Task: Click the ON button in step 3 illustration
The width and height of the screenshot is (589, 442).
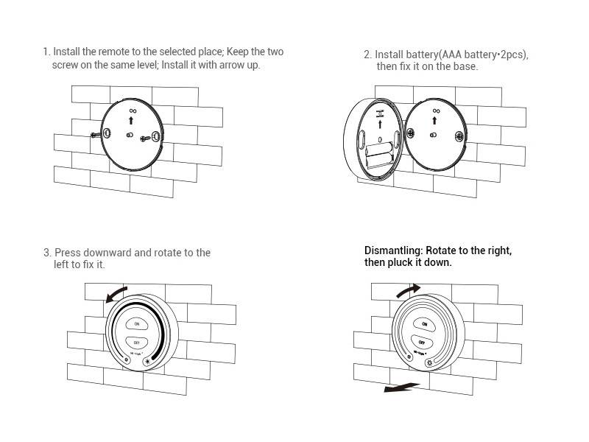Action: (x=136, y=323)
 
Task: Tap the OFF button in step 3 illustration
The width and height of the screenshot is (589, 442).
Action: (x=136, y=342)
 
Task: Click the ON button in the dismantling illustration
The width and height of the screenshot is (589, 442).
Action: (x=423, y=323)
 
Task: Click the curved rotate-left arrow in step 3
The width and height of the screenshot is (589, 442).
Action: (x=115, y=293)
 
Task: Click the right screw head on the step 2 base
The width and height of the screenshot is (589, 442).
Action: (x=459, y=136)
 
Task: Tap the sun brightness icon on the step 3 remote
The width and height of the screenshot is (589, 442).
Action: (x=147, y=360)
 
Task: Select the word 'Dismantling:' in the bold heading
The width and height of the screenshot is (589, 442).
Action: (x=393, y=250)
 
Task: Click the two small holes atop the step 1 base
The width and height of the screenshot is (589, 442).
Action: (x=133, y=110)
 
